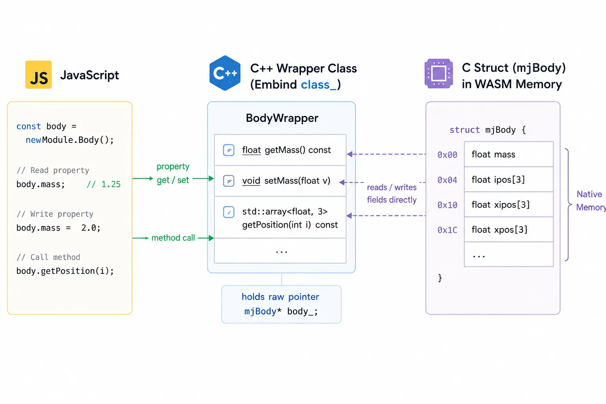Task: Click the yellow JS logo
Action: (38, 75)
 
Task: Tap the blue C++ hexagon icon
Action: (225, 73)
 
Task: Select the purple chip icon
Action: (439, 74)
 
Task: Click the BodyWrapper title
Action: (282, 118)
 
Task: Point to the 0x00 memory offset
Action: (447, 155)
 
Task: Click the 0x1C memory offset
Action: (447, 230)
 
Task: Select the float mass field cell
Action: (509, 154)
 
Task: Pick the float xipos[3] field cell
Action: (509, 205)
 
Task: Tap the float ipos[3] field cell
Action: (509, 180)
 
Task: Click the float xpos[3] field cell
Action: (509, 230)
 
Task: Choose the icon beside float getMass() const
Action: (228, 150)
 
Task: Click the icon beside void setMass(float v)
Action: (228, 181)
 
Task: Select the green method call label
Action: (173, 238)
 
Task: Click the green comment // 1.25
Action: (104, 184)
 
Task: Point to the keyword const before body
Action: (29, 126)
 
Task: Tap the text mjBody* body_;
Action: (281, 311)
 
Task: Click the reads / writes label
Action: (391, 187)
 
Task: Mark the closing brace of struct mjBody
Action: (440, 278)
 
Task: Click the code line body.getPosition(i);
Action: (65, 271)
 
